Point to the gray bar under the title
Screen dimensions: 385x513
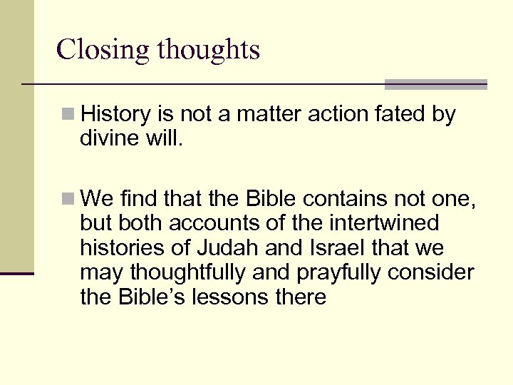click(x=435, y=85)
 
